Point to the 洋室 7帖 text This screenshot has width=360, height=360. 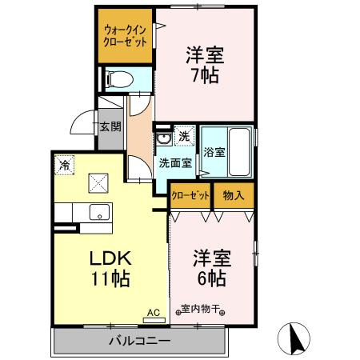(205, 66)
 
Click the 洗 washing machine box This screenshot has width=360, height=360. (184, 136)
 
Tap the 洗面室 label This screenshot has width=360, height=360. (174, 163)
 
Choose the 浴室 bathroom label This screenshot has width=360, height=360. (214, 151)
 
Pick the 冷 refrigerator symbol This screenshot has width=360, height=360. (63, 166)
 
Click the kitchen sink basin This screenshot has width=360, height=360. (99, 213)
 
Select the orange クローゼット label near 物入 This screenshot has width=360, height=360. (190, 196)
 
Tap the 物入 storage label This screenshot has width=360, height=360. (233, 196)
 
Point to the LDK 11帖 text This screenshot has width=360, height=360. (109, 270)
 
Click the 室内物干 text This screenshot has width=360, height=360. (200, 310)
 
